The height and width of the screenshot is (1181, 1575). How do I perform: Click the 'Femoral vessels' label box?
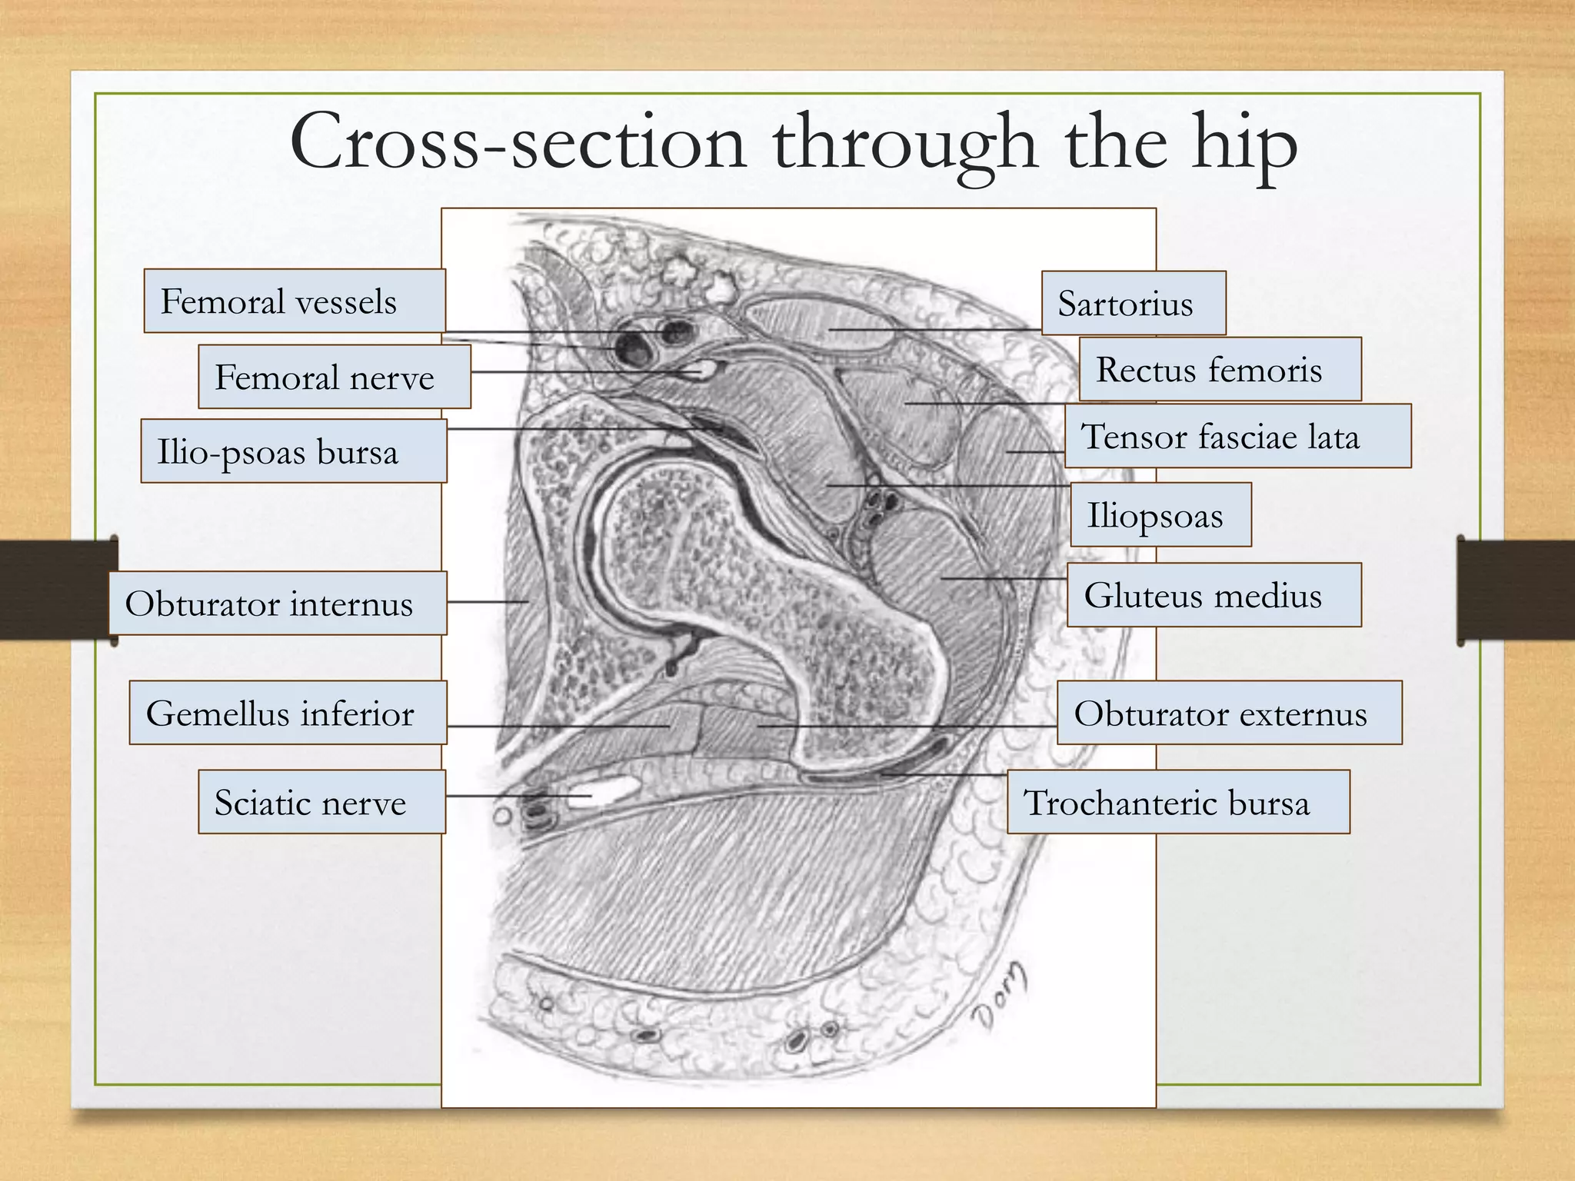coord(294,301)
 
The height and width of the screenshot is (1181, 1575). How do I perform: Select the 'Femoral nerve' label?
coord(334,376)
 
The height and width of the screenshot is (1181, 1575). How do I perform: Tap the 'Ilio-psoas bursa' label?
coord(293,451)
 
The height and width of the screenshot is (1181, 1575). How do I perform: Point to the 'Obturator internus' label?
coord(277,603)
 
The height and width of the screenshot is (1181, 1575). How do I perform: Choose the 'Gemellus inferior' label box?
coord(287,713)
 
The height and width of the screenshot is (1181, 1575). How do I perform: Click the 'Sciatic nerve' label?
coord(321,802)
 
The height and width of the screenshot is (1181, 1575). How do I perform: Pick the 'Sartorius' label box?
coord(1133,303)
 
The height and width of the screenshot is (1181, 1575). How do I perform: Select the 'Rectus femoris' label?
coord(1219,369)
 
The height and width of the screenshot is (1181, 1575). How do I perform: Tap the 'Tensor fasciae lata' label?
coord(1237,436)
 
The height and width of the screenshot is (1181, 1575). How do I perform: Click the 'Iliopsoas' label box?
coord(1160,515)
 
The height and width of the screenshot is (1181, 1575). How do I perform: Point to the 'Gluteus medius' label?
coord(1213,595)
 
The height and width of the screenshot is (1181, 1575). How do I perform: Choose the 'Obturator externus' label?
coord(1228,713)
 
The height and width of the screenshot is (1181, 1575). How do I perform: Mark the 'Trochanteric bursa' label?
coord(1177,802)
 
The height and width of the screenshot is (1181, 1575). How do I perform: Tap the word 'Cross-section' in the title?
coord(517,142)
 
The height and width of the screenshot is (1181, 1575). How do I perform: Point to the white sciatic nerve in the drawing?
coord(608,790)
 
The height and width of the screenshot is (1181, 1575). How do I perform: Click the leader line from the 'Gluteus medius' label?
coord(1004,577)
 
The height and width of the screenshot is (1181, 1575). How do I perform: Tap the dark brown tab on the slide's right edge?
coord(1516,590)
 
